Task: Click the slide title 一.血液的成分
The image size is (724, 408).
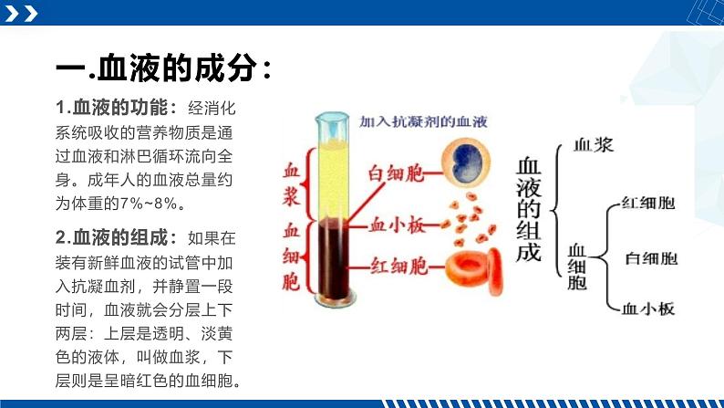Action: (162, 69)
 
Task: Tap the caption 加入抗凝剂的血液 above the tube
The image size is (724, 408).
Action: (425, 121)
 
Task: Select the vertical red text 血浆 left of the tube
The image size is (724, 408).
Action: (292, 183)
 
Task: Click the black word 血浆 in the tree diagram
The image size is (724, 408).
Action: (594, 144)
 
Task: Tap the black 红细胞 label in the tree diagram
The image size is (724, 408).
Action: (647, 204)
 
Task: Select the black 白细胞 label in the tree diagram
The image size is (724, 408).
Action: (651, 258)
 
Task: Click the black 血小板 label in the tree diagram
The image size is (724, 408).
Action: (647, 309)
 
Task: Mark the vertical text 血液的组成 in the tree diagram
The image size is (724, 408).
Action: (530, 210)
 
